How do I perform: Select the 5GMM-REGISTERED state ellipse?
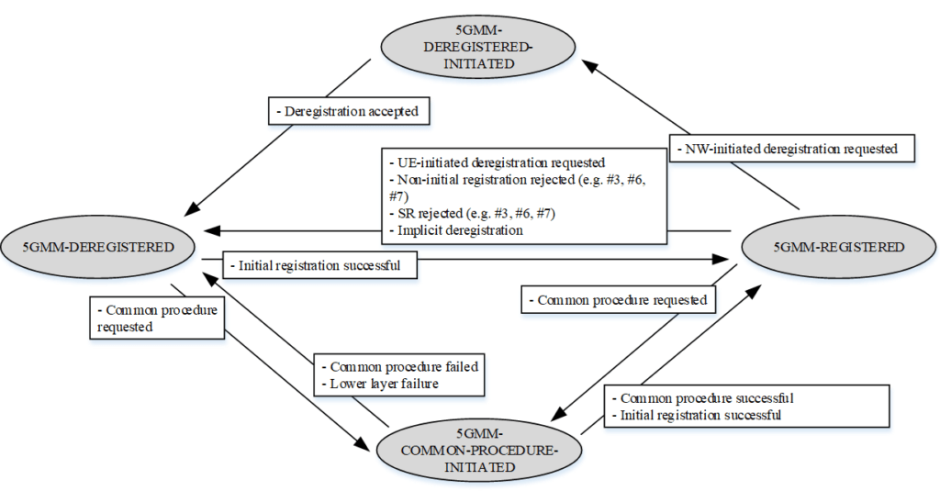pos(838,247)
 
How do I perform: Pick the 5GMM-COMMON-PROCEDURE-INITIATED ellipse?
pos(480,450)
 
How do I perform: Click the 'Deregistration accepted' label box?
pos(350,112)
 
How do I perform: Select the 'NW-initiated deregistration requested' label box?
pos(790,149)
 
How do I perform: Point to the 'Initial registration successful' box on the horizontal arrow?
pos(319,266)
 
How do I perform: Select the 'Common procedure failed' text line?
pos(399,366)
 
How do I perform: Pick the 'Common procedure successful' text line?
pos(705,398)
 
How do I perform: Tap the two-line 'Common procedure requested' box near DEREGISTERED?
pos(156,318)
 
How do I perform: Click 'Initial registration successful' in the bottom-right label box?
pos(700,415)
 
